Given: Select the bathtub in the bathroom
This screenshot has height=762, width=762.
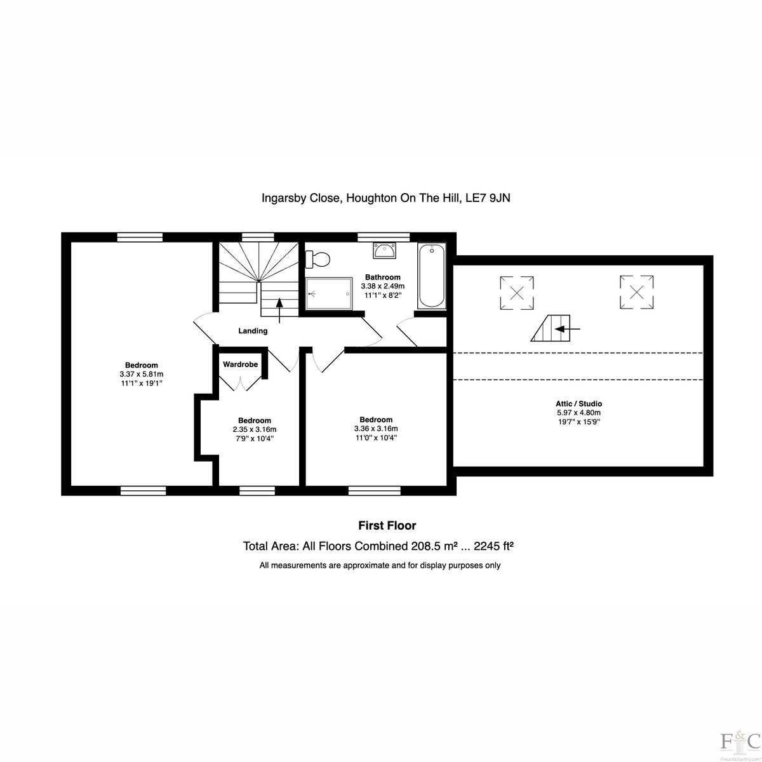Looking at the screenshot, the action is point(431,276).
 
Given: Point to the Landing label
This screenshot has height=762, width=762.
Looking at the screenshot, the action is point(253,331).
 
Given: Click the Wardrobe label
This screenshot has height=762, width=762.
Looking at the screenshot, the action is point(241,364).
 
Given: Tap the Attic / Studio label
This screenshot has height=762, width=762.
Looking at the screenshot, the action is point(579,404).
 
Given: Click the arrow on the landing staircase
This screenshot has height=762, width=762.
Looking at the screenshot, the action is point(279,311).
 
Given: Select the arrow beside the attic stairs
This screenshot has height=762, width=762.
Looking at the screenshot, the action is point(568,328).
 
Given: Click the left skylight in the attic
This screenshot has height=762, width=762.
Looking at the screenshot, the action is point(517,293).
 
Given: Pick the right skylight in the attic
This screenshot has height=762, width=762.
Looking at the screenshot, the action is point(636,292).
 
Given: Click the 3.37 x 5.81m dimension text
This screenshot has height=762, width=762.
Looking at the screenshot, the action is point(142,374).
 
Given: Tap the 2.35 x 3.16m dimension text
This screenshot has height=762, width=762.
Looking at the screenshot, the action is point(255,429).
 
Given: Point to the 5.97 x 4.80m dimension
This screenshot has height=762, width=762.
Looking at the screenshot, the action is point(579,413).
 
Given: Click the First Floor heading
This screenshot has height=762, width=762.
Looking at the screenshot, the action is point(387,526).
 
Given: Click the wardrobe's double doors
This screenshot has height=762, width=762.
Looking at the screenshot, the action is point(241,384).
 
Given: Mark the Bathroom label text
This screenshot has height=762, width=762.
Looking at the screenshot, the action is point(383,277).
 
